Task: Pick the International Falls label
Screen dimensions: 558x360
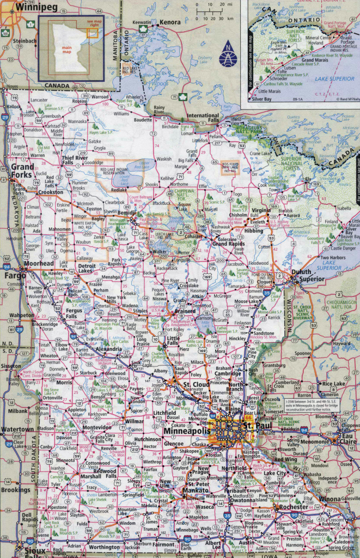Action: click(x=203, y=116)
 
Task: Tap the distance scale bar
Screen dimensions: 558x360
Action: click(x=213, y=11)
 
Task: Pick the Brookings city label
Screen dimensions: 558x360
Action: click(x=16, y=490)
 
